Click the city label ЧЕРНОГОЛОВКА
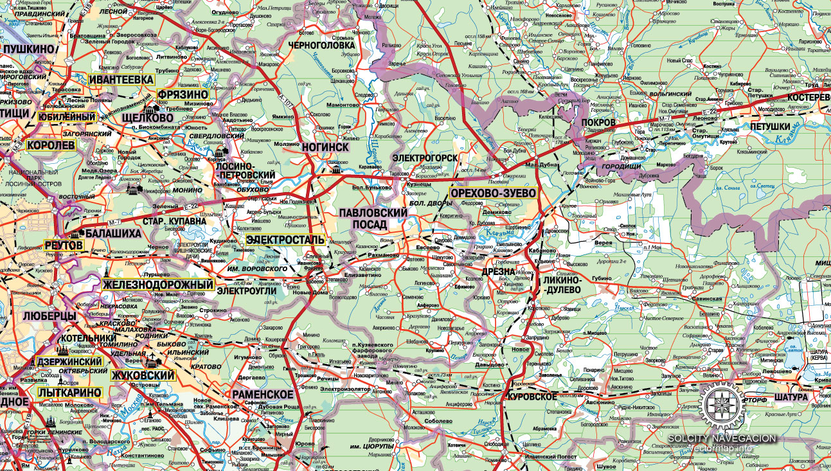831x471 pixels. click(321, 46)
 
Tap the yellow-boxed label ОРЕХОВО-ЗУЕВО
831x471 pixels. click(493, 193)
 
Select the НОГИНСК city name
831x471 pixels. click(324, 147)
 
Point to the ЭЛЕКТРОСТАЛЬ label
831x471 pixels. click(285, 240)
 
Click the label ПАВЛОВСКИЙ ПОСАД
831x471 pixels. click(374, 218)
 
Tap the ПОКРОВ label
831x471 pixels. click(598, 122)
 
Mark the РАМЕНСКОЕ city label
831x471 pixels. click(263, 394)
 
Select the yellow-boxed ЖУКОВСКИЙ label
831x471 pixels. click(143, 375)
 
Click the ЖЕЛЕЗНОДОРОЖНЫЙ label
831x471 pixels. click(157, 285)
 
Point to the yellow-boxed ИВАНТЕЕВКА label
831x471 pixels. click(121, 79)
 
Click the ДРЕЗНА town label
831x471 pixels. click(498, 272)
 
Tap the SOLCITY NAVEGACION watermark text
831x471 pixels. click(722, 438)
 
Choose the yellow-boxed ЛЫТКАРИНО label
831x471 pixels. click(69, 392)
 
